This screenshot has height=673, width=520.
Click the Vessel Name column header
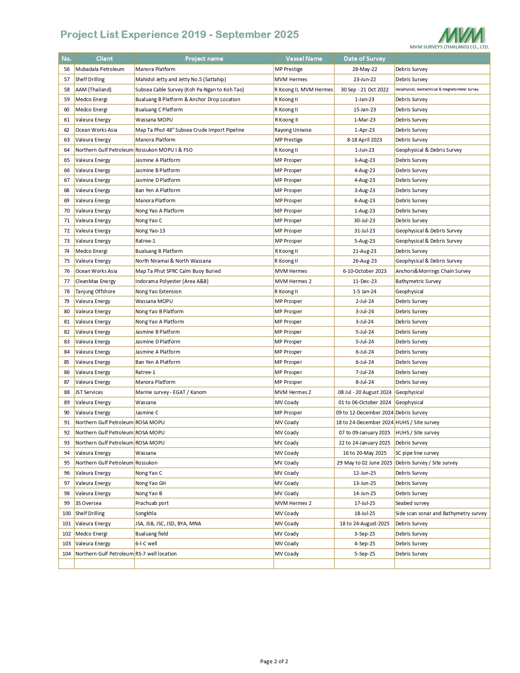click(304, 59)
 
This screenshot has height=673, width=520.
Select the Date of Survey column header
click(364, 59)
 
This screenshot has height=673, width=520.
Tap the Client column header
click(104, 59)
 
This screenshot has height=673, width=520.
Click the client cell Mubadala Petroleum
click(100, 69)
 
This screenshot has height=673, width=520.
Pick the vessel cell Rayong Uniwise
click(293, 130)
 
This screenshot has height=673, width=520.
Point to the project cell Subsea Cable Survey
click(190, 90)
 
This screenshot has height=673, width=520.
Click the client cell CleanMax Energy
click(95, 281)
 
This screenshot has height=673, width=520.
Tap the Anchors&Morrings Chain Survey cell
click(433, 271)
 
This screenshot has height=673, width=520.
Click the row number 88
click(67, 392)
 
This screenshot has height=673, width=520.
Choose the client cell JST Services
click(89, 392)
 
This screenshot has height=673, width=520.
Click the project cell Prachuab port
click(152, 503)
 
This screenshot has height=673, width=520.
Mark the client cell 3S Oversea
click(89, 503)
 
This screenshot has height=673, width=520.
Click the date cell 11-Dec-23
click(365, 281)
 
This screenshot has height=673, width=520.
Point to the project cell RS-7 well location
click(156, 554)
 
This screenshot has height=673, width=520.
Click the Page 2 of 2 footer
click(274, 662)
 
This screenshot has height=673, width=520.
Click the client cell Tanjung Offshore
click(95, 292)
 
